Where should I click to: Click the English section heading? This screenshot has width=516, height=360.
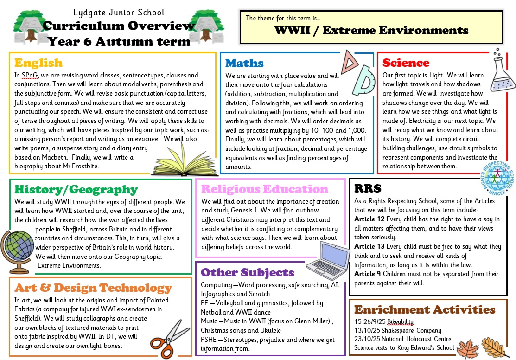(x=38, y=63)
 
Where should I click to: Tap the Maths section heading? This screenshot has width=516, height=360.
(x=244, y=63)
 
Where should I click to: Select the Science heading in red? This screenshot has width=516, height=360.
(x=406, y=63)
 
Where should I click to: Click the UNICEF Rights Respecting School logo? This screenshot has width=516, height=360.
(x=497, y=180)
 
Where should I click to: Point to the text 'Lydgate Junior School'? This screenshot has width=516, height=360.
(x=119, y=13)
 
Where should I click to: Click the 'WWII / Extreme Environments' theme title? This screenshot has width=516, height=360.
(x=371, y=31)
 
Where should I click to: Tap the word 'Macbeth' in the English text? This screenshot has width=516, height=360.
(x=55, y=157)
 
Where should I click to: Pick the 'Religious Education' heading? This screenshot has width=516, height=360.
(x=264, y=189)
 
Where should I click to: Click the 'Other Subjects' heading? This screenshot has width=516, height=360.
(x=248, y=272)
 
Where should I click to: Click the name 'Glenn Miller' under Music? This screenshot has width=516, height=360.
(x=309, y=321)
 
